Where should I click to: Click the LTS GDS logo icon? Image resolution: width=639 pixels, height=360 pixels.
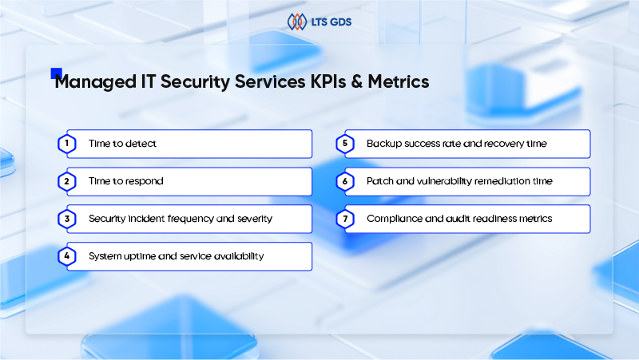[x=297, y=22]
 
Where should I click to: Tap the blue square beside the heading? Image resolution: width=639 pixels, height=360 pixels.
[x=56, y=73]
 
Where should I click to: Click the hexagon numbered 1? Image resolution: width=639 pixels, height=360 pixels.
[x=68, y=144]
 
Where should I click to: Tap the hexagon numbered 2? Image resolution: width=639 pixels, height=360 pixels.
[x=68, y=181]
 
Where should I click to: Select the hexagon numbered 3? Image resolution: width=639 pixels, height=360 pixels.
[x=68, y=219]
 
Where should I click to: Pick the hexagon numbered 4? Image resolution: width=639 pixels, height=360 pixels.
[x=68, y=256]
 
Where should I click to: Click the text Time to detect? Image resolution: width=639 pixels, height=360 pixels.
[x=122, y=144]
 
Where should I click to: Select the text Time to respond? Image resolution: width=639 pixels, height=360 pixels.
[x=125, y=181]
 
